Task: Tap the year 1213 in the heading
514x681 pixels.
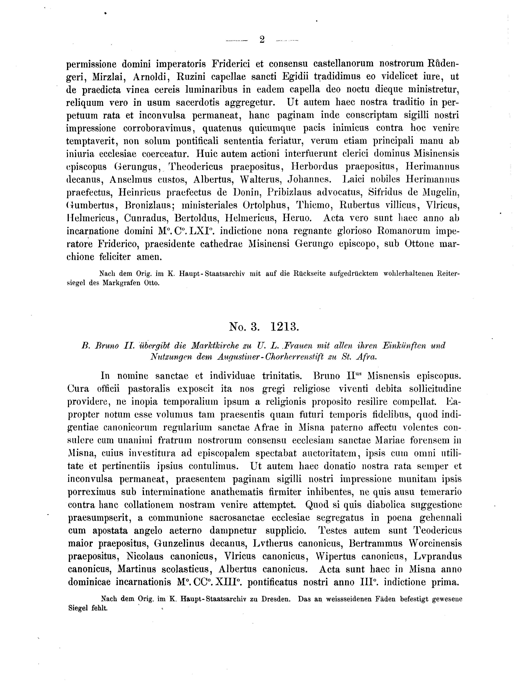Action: point(285,327)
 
